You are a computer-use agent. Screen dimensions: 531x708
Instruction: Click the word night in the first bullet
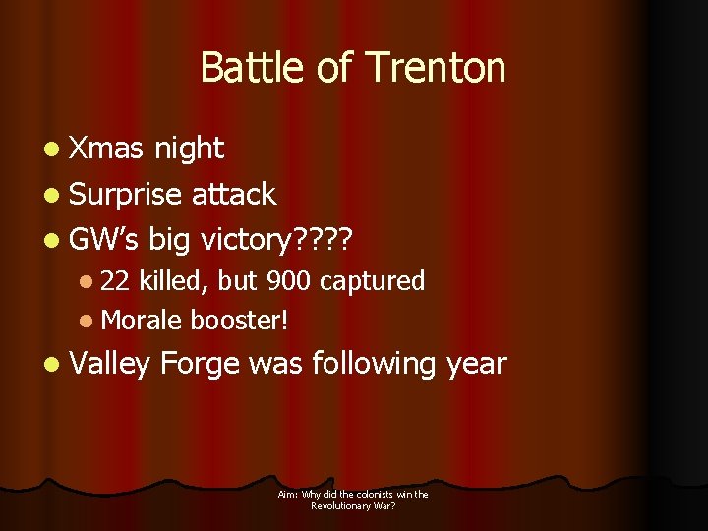(x=189, y=148)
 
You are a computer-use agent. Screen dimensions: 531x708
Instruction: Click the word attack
(x=234, y=194)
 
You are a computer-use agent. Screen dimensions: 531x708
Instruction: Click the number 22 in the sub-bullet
(x=116, y=281)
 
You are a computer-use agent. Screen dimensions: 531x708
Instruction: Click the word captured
(x=372, y=281)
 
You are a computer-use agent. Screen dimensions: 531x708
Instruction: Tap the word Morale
(x=142, y=319)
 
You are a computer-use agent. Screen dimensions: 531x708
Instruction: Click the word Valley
(x=110, y=364)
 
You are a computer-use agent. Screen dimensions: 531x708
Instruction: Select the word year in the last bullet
(x=477, y=364)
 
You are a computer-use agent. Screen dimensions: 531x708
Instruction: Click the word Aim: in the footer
(x=288, y=495)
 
